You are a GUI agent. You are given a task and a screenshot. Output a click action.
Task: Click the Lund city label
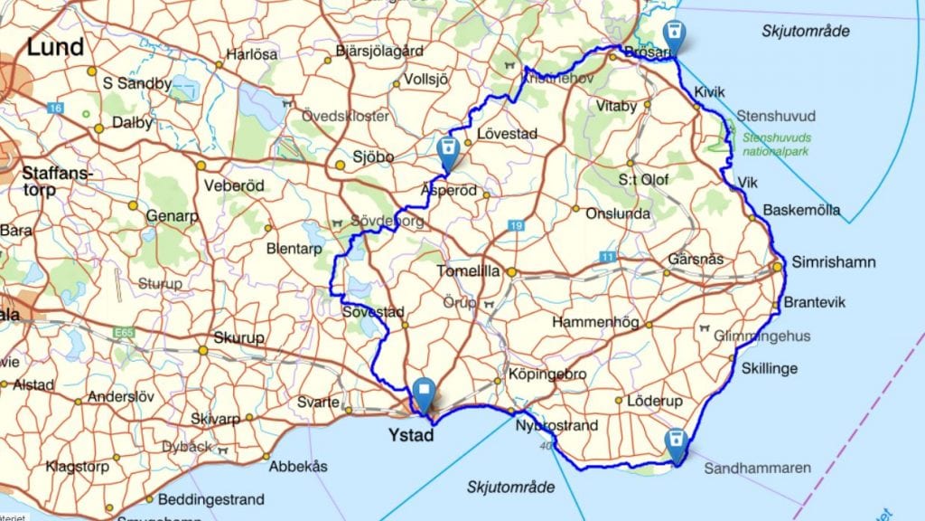point(55,47)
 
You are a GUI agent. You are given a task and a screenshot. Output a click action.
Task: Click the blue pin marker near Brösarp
point(672,37)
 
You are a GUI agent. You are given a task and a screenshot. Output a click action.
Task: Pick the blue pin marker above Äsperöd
point(446,150)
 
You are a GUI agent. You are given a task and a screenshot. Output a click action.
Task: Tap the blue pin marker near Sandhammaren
point(675,442)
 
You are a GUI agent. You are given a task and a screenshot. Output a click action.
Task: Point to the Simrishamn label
point(833,262)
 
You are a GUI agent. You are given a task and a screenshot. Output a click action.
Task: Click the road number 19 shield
point(516,225)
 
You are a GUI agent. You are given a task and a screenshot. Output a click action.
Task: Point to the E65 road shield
point(125,334)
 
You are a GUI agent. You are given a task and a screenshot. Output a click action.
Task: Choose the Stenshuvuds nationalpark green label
point(776,144)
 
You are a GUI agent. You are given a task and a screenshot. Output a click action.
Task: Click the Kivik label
point(710,92)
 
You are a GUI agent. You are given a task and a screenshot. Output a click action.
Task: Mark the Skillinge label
point(770,368)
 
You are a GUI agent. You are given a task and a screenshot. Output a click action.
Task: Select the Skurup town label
point(238,338)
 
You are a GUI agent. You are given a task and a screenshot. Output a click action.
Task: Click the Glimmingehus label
point(762,336)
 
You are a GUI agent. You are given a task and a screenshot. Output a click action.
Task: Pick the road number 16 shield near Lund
point(57,109)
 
